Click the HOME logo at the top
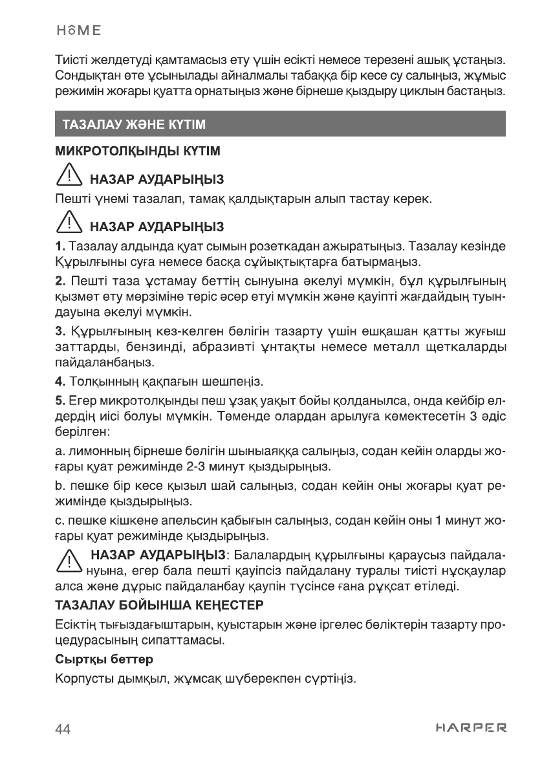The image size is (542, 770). coord(78,30)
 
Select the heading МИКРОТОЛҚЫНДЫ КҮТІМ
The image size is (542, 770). coord(138,151)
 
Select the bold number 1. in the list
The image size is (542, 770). coord(60,247)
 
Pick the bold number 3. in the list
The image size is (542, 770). coord(60,333)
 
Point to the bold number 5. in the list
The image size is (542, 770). coord(60,398)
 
